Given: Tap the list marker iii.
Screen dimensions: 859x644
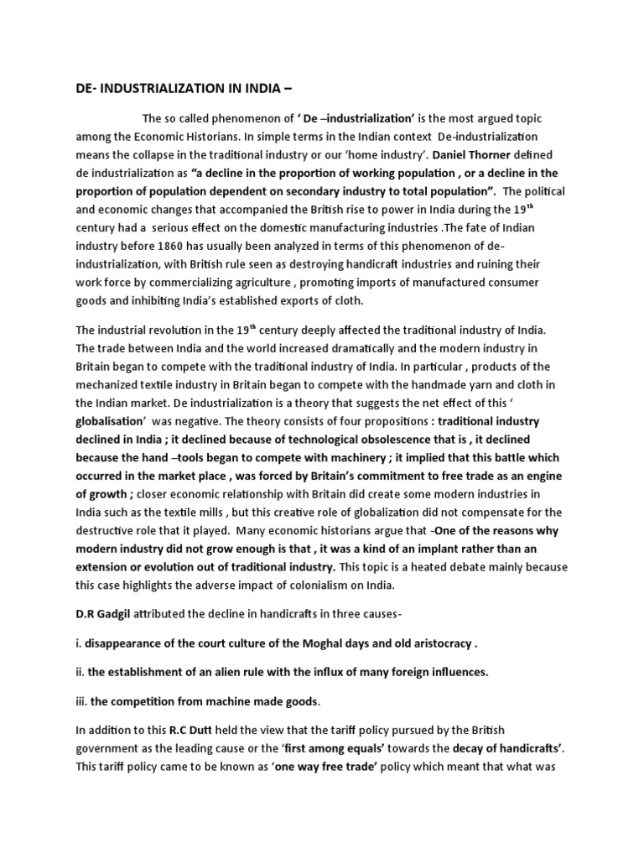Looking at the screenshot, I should coord(81,701).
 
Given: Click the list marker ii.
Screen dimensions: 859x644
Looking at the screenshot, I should coord(80,672).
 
